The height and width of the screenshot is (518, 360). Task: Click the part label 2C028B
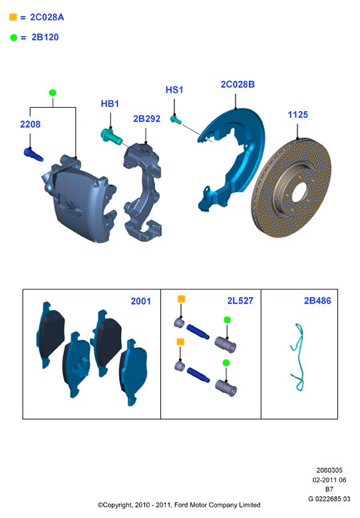[x=238, y=84]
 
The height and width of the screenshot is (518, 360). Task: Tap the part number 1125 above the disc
[x=298, y=114]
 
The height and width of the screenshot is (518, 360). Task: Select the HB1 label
[x=110, y=104]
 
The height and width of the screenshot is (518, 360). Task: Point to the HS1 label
[x=174, y=90]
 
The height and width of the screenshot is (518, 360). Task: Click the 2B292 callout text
[x=147, y=118]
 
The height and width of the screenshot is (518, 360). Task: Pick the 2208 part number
[x=30, y=124]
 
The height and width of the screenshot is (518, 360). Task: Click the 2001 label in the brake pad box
[x=141, y=301]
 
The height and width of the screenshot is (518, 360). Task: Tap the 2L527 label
[x=240, y=301]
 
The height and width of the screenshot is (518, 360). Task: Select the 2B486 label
[x=317, y=301]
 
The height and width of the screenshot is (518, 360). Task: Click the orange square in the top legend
[x=13, y=17]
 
